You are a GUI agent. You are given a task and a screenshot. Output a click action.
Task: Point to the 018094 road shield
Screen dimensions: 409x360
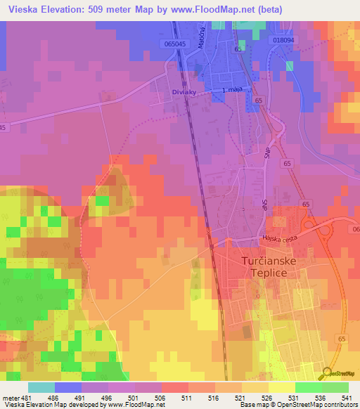tap(283, 41)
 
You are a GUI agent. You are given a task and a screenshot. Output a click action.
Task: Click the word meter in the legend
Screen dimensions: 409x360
tap(9, 397)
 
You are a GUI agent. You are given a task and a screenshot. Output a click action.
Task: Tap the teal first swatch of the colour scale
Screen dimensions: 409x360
tap(41, 387)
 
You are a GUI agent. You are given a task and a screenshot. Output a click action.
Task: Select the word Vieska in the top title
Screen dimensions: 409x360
tap(20, 9)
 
